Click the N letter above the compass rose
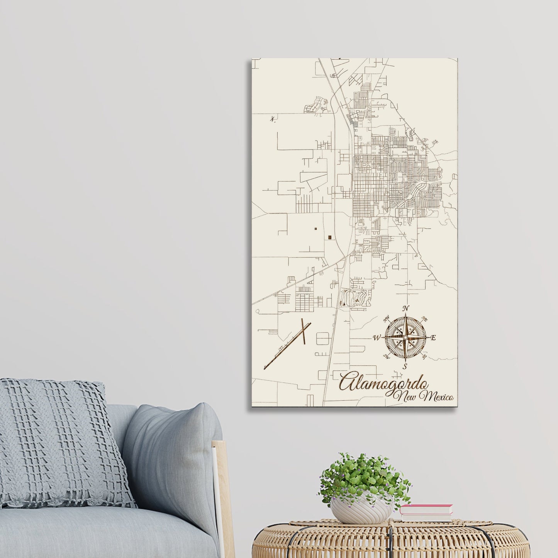click(405, 309)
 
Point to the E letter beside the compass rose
click(433, 338)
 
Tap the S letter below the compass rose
click(405, 367)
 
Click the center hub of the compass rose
click(405, 338)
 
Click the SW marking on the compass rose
click(386, 356)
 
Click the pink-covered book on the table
click(426, 509)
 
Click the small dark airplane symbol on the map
click(273, 119)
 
